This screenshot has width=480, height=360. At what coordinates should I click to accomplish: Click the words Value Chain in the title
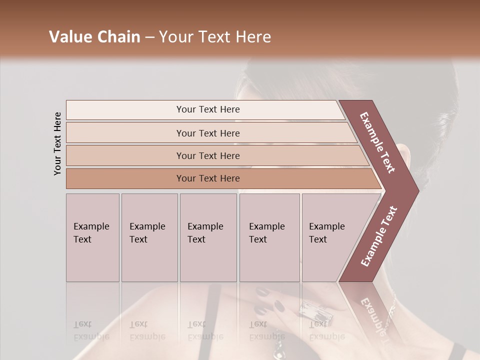tap(94, 37)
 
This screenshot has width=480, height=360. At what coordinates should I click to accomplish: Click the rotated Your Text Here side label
tap(57, 143)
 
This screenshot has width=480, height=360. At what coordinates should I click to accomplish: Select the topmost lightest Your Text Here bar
tap(207, 109)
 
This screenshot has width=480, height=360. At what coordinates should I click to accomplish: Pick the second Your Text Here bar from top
tap(207, 133)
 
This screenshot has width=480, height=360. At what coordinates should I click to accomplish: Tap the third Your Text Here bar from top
tap(207, 155)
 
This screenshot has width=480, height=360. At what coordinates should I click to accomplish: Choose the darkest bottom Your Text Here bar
tap(207, 178)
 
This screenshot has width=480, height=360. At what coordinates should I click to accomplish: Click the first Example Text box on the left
tap(92, 237)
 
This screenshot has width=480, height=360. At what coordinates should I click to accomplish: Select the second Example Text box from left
tap(149, 237)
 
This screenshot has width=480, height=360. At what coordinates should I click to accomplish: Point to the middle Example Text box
tap(208, 237)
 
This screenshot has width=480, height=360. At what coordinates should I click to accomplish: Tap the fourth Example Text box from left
tap(269, 237)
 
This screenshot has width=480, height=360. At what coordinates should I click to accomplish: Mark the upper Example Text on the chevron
tap(377, 142)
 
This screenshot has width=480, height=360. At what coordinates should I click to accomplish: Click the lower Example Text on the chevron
tap(378, 236)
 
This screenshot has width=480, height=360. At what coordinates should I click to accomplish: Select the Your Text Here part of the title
tap(215, 37)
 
